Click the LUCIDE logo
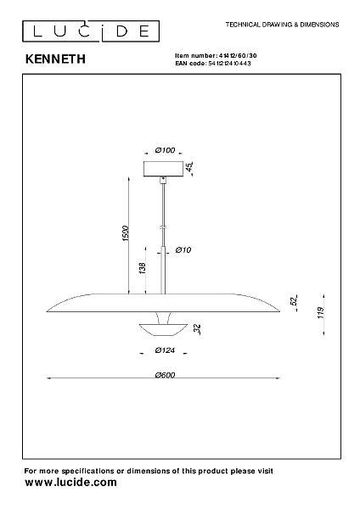(x=91, y=31)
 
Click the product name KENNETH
(x=55, y=59)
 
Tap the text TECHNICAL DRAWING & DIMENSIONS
(x=282, y=25)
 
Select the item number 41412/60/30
(x=238, y=56)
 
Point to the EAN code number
(x=229, y=64)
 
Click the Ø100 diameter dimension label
(x=165, y=150)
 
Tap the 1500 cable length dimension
(x=126, y=233)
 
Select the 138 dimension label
(x=142, y=268)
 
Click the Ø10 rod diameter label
(x=183, y=250)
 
